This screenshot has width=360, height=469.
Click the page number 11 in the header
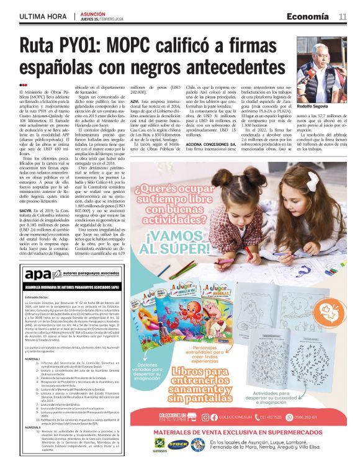343,16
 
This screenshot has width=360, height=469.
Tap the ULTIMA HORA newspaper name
43,16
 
